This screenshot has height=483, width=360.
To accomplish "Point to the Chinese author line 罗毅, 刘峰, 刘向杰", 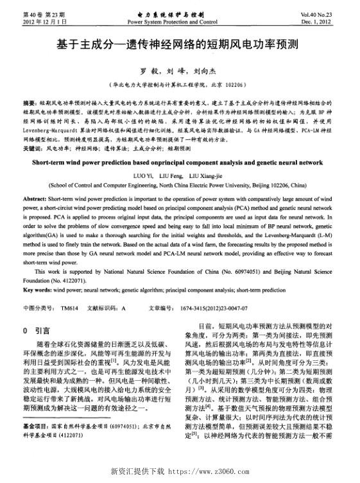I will click(x=179, y=72).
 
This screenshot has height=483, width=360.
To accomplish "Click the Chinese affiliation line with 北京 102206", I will click(x=179, y=84).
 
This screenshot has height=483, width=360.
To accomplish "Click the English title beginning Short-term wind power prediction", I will click(x=180, y=162).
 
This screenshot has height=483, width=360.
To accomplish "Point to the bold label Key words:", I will click(x=39, y=290).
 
